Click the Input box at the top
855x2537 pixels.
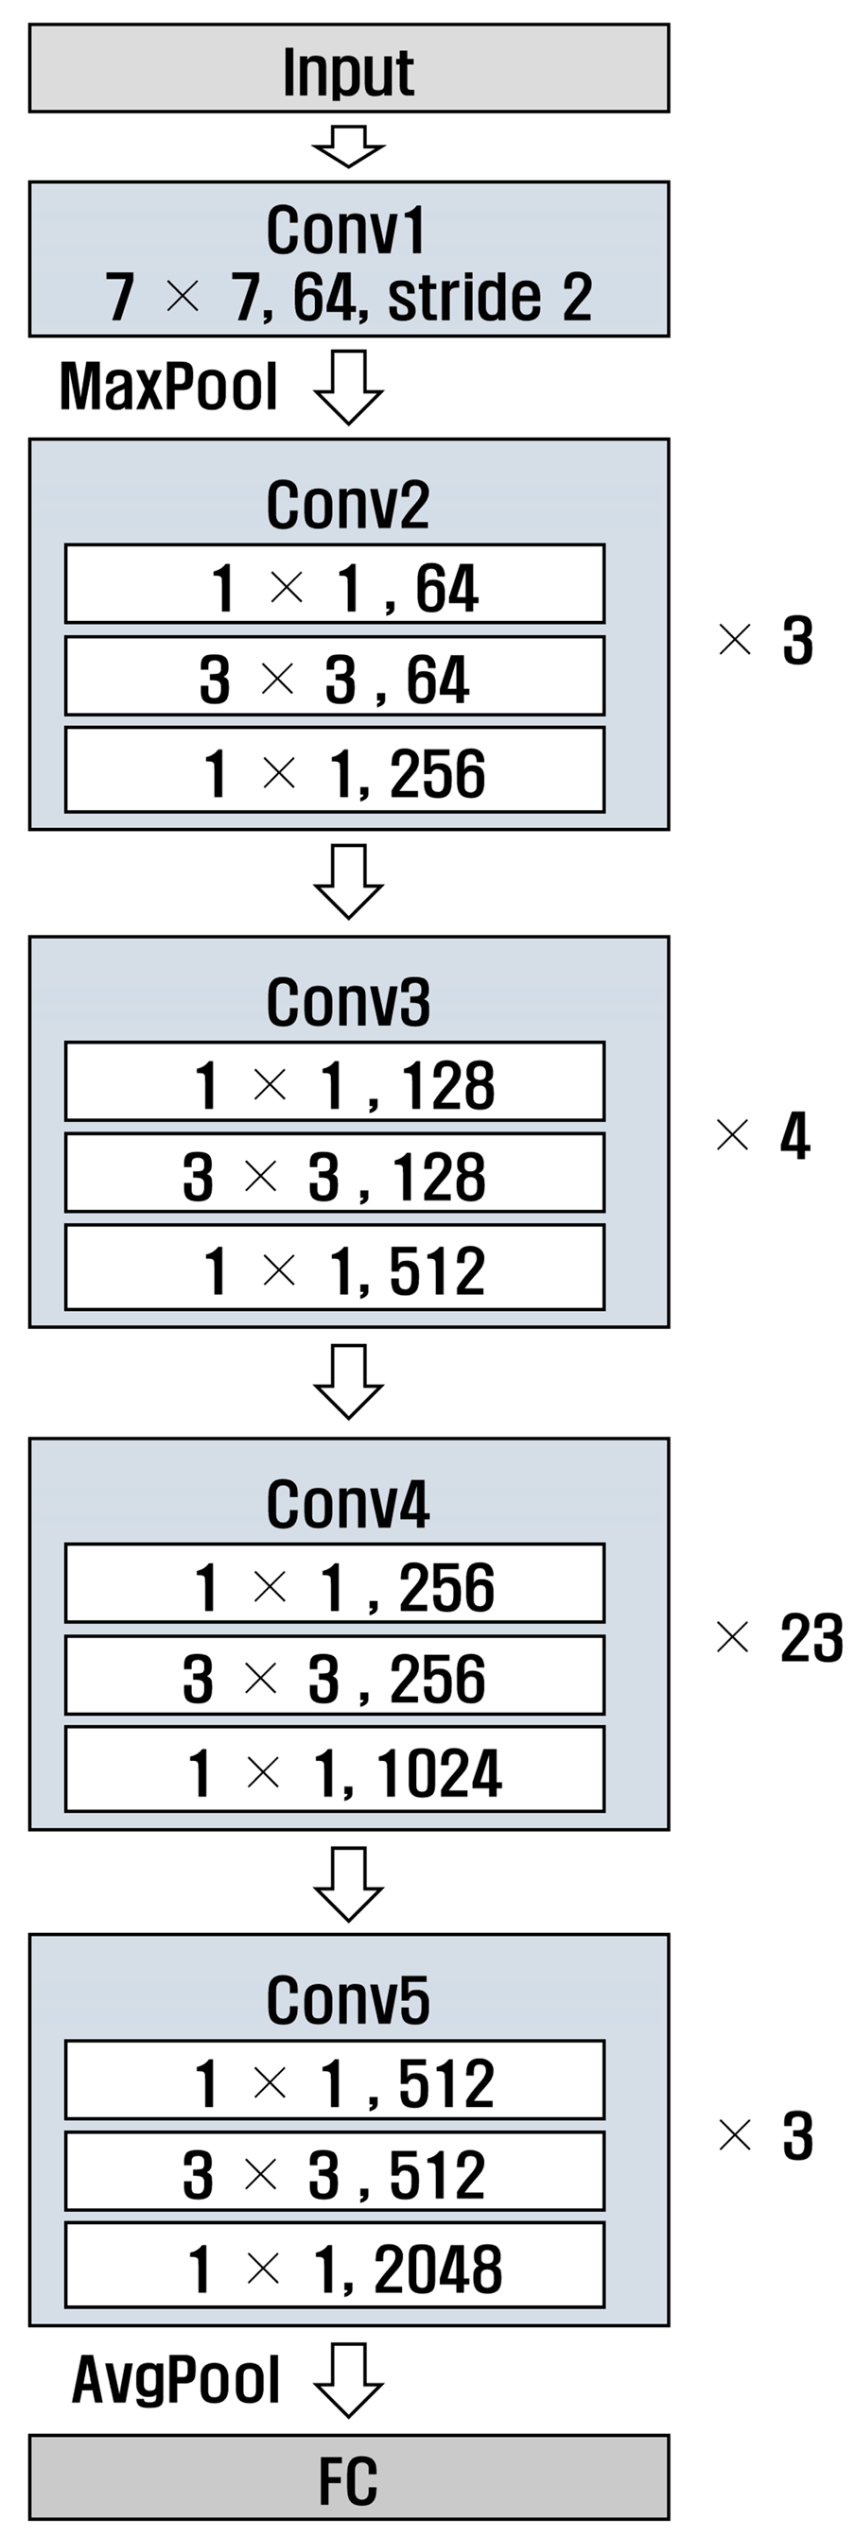point(349,69)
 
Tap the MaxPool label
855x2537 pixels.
point(168,386)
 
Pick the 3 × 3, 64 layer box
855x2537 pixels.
point(335,677)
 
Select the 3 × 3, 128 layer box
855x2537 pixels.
point(335,1174)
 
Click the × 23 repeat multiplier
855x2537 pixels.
point(777,1639)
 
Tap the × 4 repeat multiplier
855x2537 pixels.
point(763,1135)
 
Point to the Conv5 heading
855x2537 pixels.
point(348,1999)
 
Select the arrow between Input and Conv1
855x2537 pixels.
point(349,146)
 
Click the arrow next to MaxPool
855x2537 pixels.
point(349,387)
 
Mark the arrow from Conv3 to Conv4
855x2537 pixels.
point(349,1381)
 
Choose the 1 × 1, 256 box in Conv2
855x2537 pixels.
point(335,770)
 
